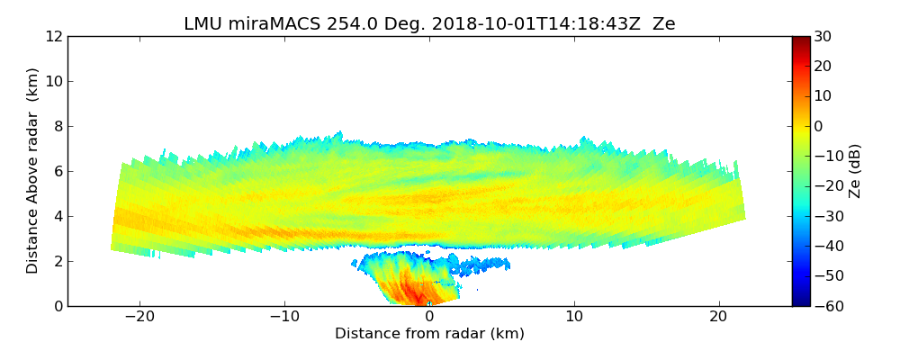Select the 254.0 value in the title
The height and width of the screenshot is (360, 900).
tap(333, 24)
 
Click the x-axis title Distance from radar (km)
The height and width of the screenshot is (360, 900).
tap(429, 334)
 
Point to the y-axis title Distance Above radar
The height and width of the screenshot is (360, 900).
tap(33, 171)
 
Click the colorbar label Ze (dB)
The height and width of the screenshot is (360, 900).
tap(855, 171)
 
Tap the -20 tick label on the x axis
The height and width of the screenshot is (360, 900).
tap(139, 318)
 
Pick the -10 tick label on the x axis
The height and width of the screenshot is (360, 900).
tap(284, 318)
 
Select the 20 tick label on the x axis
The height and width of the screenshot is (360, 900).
tap(718, 318)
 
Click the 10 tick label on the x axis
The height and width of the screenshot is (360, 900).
tap(574, 318)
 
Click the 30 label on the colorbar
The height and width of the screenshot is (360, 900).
tap(823, 36)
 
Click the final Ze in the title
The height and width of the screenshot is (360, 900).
tap(664, 24)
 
